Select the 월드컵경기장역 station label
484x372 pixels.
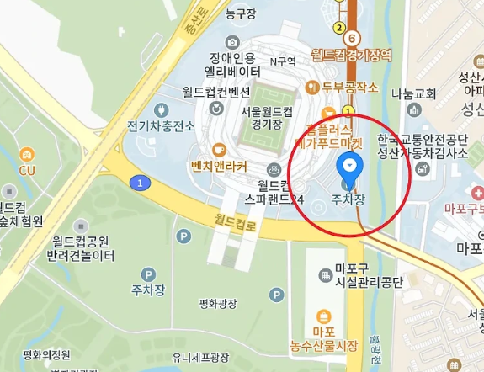tap(351, 56)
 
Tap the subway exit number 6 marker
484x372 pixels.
tap(353, 38)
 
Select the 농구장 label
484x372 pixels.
tap(242, 13)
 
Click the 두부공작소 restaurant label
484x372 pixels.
tap(351, 87)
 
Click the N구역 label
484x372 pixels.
tap(283, 61)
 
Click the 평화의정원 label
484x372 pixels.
tap(47, 354)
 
